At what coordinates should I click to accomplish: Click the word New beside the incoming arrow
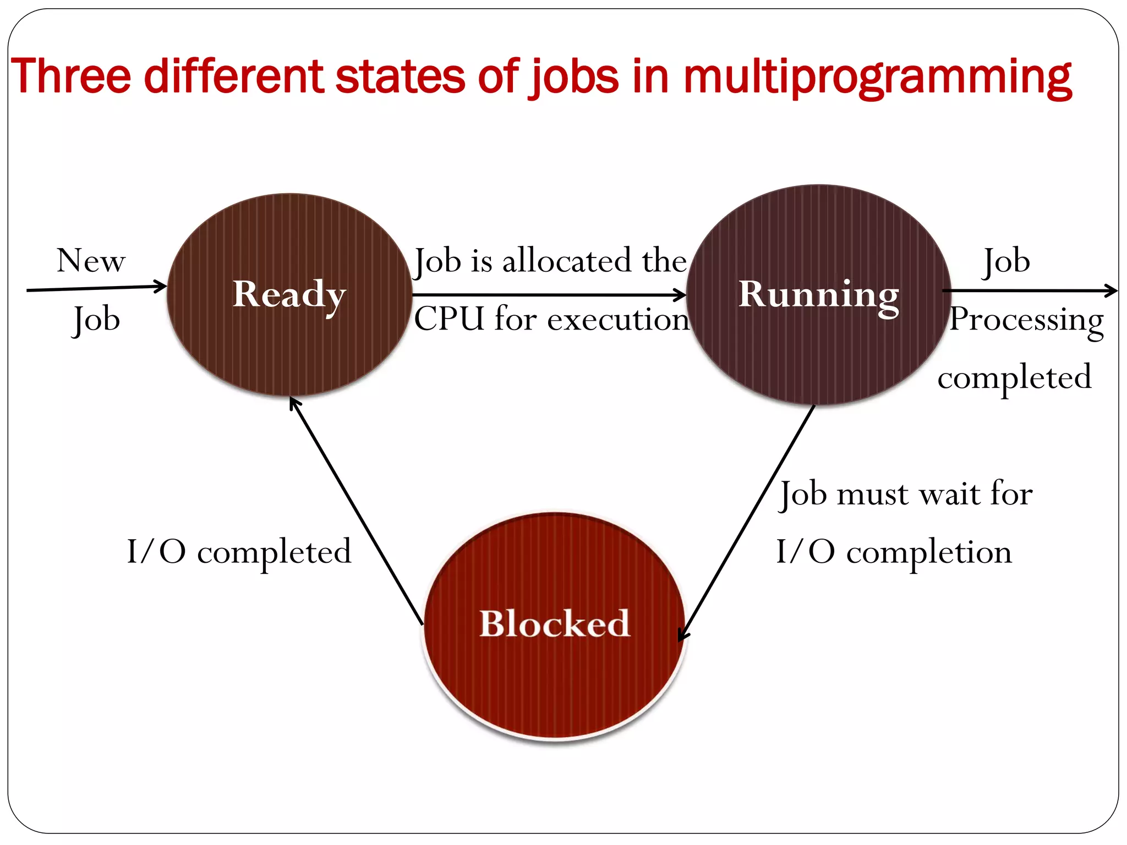(91, 261)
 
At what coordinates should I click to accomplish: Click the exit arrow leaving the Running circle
(1029, 290)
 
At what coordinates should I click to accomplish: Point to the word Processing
(1027, 320)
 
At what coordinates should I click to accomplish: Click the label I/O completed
(239, 552)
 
